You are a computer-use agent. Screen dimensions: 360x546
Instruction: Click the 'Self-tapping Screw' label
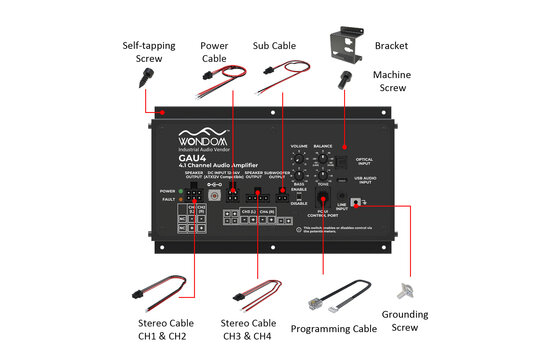(x=147, y=53)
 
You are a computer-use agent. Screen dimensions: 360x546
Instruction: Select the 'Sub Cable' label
(x=273, y=45)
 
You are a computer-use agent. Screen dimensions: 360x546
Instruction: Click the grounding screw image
(x=407, y=291)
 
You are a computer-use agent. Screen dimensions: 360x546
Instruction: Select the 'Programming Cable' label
(x=333, y=328)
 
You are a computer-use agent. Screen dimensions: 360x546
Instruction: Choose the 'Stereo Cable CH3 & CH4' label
(x=248, y=329)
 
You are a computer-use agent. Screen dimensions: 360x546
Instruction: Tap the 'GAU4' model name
(x=194, y=155)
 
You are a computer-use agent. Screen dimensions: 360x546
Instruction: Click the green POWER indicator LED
(x=182, y=190)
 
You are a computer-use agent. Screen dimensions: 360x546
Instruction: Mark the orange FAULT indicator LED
(x=182, y=199)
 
